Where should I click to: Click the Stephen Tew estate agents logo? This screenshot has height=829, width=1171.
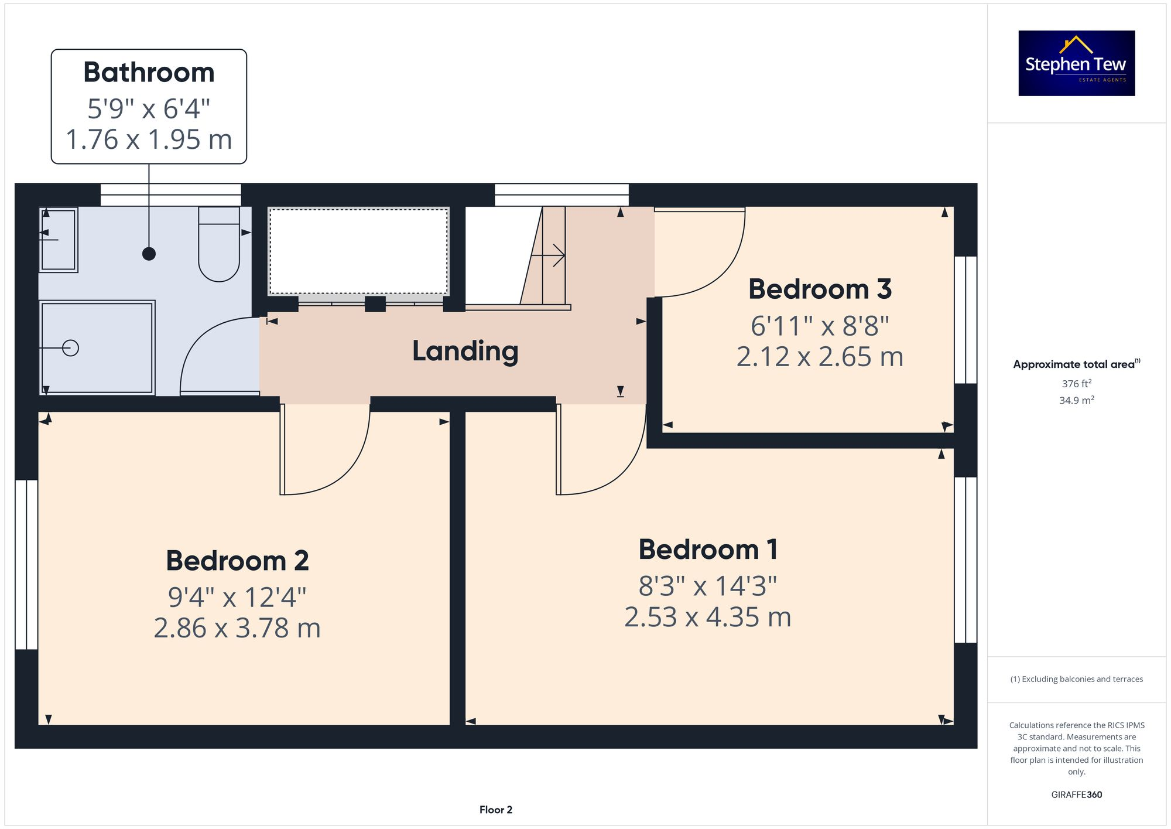[1076, 63]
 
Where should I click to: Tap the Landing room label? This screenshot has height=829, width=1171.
[465, 351]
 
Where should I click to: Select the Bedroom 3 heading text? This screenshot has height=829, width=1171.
[820, 289]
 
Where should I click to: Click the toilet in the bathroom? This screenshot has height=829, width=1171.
[219, 246]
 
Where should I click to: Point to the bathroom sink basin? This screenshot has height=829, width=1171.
[59, 240]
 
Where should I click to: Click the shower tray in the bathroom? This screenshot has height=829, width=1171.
[97, 347]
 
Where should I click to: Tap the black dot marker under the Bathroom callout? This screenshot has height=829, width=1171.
[149, 254]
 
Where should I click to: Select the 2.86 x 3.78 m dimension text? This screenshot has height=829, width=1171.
[237, 628]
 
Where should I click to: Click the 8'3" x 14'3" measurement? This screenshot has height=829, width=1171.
[707, 586]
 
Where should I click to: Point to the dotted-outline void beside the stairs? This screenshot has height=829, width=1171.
[358, 251]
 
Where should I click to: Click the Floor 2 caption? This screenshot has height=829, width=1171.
[495, 810]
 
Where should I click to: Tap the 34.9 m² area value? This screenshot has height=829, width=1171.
[1076, 401]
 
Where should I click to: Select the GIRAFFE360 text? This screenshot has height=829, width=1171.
[1076, 795]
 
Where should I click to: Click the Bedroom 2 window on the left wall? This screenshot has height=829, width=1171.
[26, 565]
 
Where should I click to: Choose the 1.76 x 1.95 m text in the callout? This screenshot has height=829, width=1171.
[149, 139]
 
